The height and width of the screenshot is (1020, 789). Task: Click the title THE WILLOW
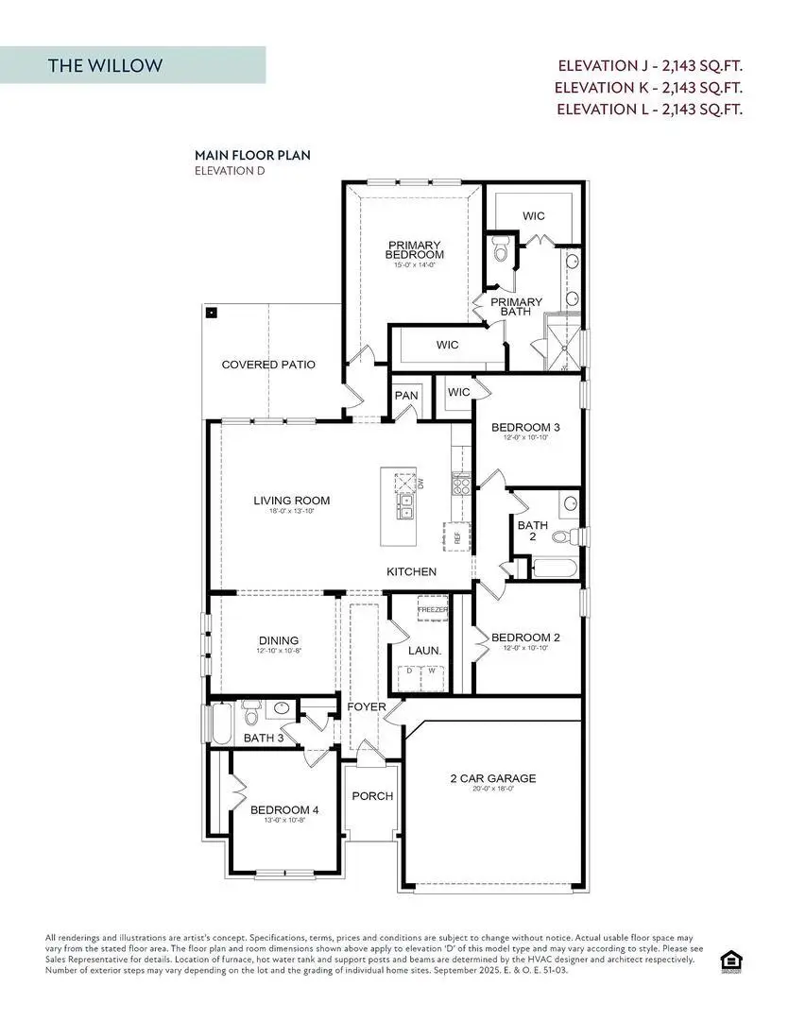105,65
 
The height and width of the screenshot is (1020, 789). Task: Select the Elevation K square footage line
649,87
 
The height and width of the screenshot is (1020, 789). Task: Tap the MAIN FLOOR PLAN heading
252,155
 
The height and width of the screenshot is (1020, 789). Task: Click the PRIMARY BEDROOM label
415,249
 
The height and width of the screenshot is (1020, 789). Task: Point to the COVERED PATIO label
268,365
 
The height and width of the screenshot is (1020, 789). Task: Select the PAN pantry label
406,395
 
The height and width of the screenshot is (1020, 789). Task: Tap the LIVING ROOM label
291,501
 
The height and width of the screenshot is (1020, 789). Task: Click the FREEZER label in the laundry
433,610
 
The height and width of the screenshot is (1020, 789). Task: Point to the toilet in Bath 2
561,537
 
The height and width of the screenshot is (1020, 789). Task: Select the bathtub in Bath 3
219,723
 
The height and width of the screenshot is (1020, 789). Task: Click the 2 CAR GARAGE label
492,779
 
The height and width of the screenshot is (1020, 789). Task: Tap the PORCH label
372,796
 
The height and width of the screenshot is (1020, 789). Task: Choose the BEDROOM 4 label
284,810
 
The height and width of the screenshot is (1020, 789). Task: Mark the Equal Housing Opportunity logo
730,960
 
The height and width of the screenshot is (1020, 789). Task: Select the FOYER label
367,706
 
